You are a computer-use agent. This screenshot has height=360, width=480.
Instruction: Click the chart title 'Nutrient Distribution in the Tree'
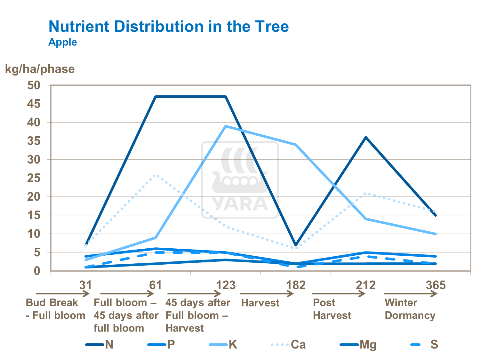point(169,26)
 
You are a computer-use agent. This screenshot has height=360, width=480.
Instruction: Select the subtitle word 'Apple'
point(63,42)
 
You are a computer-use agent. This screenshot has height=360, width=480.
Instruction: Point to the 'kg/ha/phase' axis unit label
point(40,69)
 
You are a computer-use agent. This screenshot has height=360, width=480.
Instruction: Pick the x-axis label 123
point(226,285)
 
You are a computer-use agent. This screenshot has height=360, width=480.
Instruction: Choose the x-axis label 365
point(436,285)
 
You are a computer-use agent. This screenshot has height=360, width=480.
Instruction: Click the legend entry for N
point(100,345)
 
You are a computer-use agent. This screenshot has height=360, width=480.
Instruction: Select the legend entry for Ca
point(289,345)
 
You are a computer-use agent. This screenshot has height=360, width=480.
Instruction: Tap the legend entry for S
point(424,345)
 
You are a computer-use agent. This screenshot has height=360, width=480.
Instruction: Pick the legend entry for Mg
point(358,345)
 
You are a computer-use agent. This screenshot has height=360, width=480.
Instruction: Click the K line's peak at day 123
point(226,126)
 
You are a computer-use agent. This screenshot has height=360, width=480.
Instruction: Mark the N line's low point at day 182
point(296,245)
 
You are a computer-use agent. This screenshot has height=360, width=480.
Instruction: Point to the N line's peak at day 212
point(366,137)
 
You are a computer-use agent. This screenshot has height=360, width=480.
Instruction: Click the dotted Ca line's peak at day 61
point(156,175)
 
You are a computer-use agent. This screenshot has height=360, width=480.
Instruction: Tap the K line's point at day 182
point(296,145)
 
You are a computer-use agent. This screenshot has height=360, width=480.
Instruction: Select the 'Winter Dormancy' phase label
point(410,309)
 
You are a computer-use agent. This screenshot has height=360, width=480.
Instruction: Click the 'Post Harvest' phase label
point(332,309)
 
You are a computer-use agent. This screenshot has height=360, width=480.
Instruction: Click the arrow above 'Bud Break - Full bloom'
point(62,293)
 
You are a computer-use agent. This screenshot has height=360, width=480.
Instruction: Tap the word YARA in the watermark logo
point(240,204)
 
